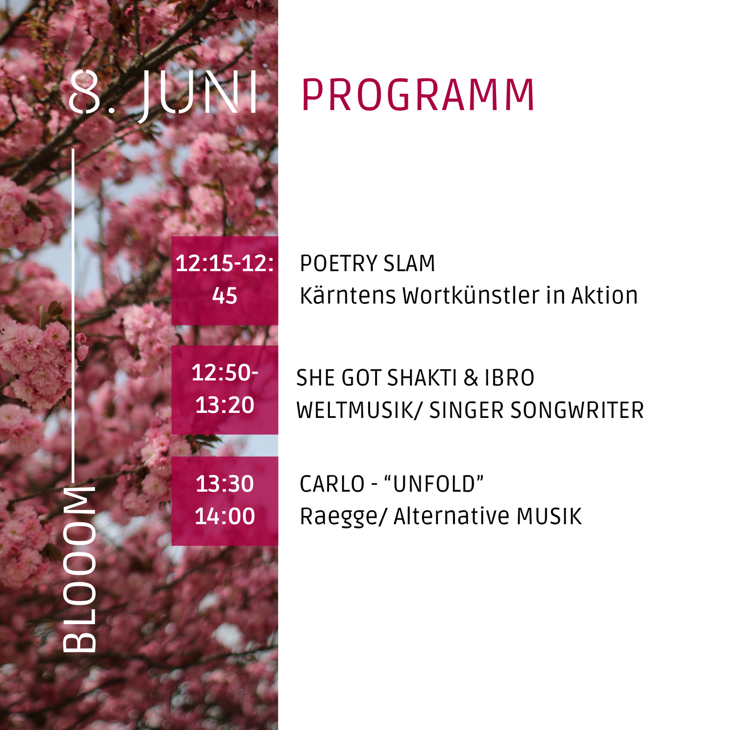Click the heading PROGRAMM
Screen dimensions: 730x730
click(417, 95)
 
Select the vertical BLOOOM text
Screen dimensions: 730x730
click(79, 569)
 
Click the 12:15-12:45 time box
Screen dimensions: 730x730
click(224, 281)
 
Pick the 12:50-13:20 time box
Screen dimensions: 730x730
click(224, 390)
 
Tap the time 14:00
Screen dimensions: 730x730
click(224, 516)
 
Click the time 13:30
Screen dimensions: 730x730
click(224, 484)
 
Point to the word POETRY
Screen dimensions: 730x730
click(339, 264)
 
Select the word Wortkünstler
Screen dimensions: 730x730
click(471, 296)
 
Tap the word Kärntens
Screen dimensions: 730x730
click(348, 296)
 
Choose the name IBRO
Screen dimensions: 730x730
click(509, 378)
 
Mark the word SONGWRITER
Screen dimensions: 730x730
click(577, 410)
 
